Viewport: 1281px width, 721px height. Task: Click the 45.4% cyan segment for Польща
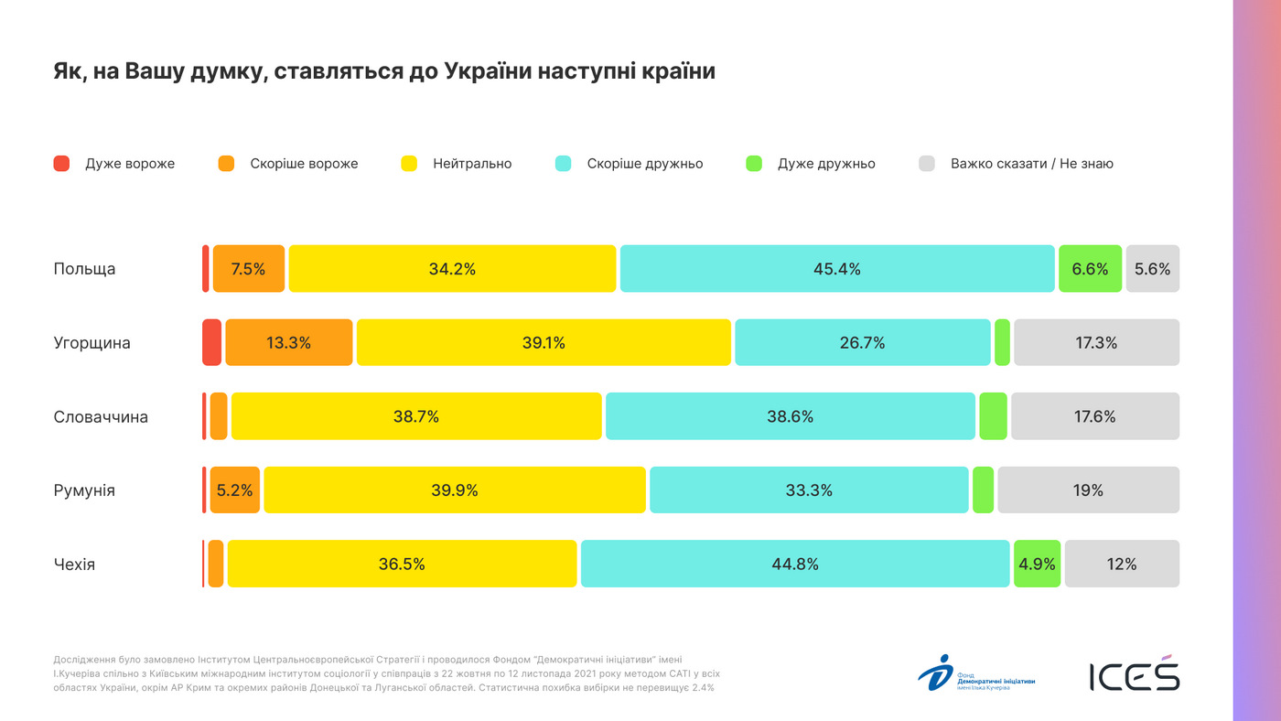click(837, 269)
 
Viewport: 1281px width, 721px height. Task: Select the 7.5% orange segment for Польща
click(249, 269)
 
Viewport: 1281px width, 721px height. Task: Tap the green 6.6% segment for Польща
click(1090, 269)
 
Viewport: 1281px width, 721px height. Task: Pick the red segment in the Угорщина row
click(211, 343)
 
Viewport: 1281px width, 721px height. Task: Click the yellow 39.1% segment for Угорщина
click(544, 343)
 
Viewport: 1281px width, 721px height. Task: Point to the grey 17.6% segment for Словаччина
click(1094, 416)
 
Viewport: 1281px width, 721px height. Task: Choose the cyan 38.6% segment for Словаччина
click(790, 416)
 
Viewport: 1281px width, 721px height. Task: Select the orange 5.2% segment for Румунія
click(235, 490)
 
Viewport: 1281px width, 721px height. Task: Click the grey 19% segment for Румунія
click(1088, 490)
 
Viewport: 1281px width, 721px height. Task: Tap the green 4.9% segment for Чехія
click(1037, 564)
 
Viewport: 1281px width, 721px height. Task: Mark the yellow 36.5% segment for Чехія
click(402, 564)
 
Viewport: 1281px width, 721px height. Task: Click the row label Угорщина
click(91, 343)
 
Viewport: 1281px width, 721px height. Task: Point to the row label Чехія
click(74, 565)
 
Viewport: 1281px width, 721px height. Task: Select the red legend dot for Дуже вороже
click(61, 164)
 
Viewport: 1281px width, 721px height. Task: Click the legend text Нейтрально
click(472, 164)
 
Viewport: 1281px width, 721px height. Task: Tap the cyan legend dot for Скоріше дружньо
click(564, 164)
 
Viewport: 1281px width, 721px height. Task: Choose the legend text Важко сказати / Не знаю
click(1031, 164)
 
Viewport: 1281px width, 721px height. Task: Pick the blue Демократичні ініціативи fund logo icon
click(935, 673)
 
